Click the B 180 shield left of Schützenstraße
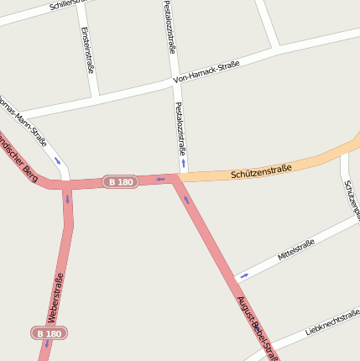(120, 182)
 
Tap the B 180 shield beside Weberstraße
(50, 333)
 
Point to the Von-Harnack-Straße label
(206, 72)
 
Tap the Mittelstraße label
(296, 249)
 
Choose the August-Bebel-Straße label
(256, 327)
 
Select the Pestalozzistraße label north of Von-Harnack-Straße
(170, 27)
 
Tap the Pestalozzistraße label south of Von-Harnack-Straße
(179, 128)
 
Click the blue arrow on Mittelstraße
(244, 275)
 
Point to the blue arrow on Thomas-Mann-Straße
(58, 160)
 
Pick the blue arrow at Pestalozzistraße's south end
(183, 163)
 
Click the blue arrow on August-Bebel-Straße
(186, 200)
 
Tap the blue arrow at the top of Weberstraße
(67, 199)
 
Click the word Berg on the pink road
(29, 172)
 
